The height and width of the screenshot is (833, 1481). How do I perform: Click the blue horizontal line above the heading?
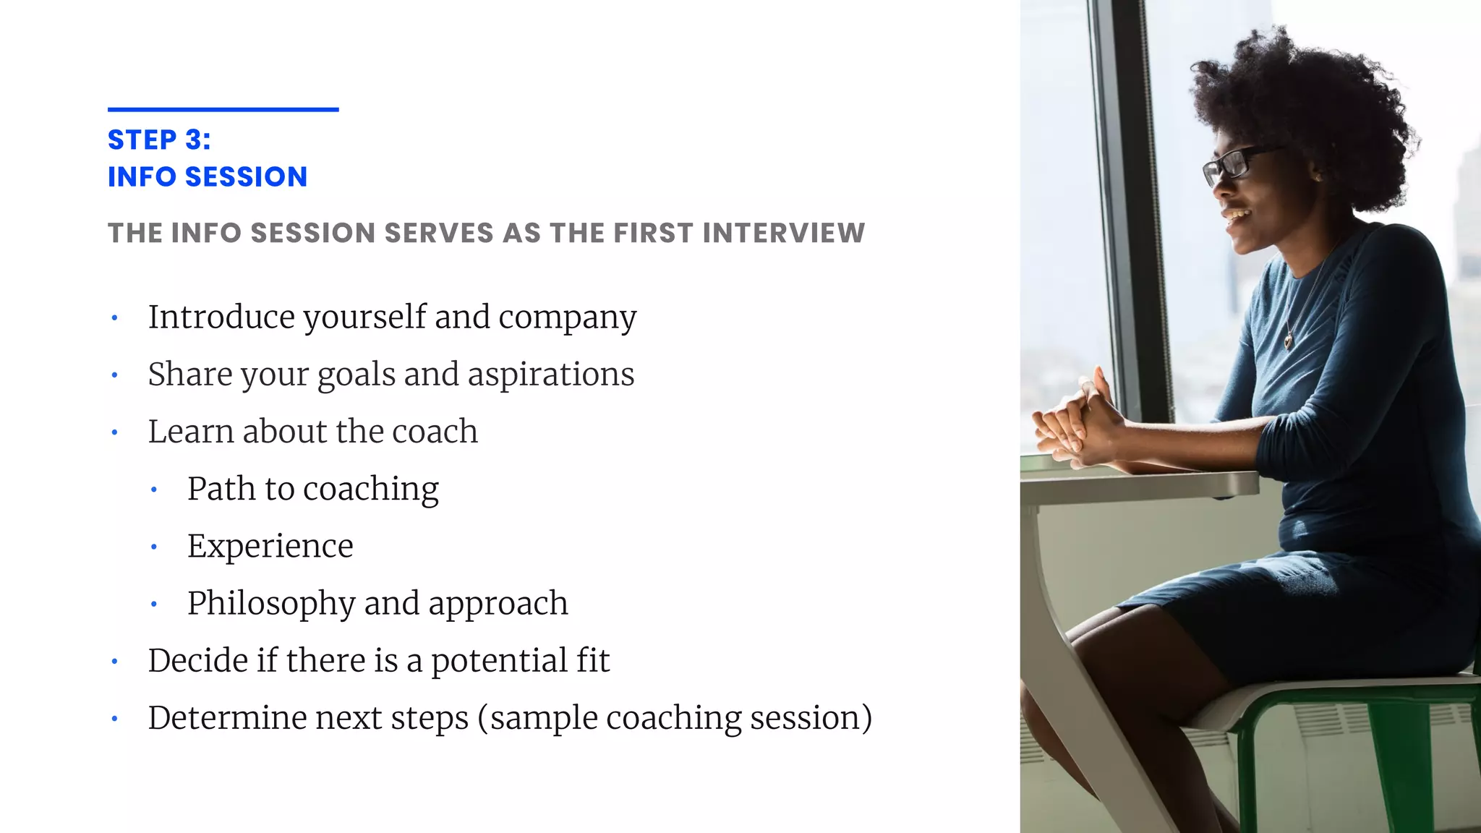pyautogui.click(x=223, y=110)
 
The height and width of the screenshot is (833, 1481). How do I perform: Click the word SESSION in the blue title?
pyautogui.click(x=247, y=177)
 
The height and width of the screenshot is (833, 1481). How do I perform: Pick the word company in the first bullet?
pyautogui.click(x=567, y=318)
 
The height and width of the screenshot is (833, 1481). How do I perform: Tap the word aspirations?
pyautogui.click(x=550, y=375)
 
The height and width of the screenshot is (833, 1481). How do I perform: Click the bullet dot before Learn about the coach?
pyautogui.click(x=114, y=432)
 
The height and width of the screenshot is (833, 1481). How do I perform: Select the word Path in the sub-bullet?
pyautogui.click(x=221, y=489)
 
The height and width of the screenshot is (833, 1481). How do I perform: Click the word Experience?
pyautogui.click(x=270, y=547)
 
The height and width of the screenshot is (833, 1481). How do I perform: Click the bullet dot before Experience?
pyautogui.click(x=153, y=547)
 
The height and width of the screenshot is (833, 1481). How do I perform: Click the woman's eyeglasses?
pyautogui.click(x=1234, y=163)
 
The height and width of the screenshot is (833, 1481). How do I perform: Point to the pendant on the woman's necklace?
pyautogui.click(x=1289, y=340)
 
